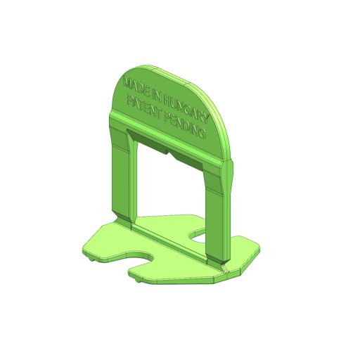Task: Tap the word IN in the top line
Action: point(156,96)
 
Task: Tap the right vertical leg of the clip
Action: point(219,211)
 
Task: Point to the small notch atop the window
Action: point(169,153)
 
